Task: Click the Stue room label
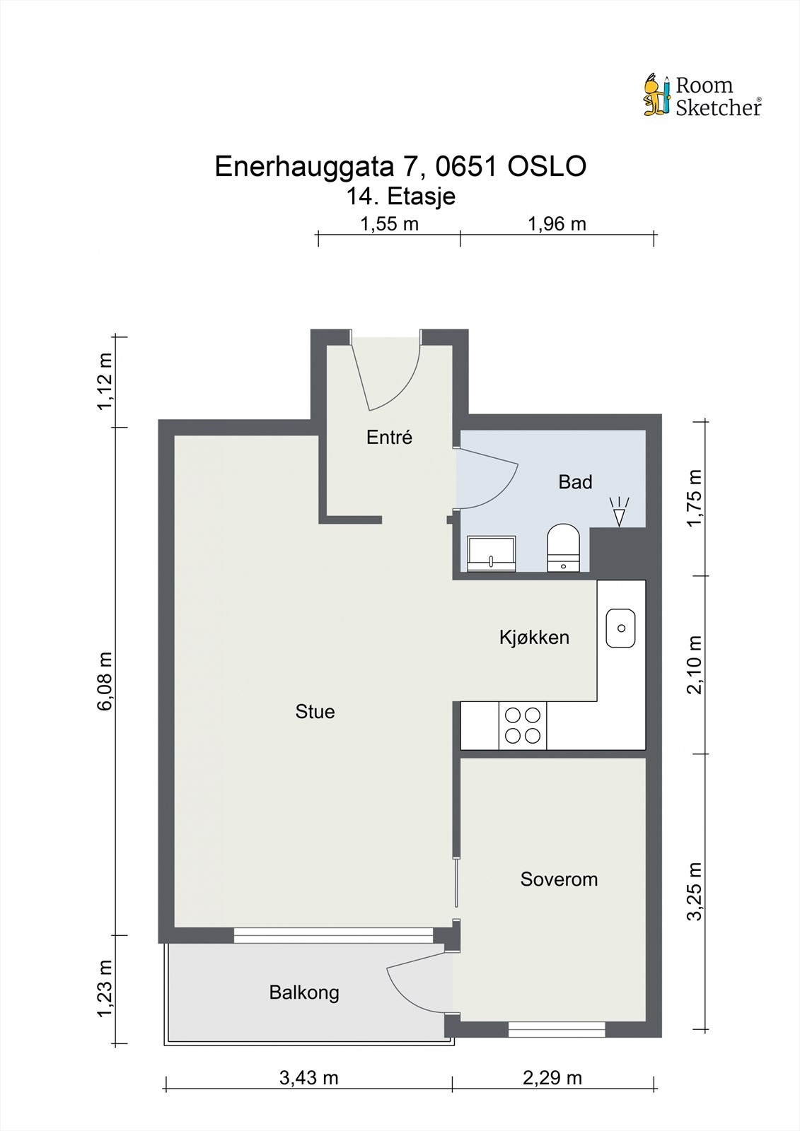315,711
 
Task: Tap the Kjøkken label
534,638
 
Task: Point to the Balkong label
303,992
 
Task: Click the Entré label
389,438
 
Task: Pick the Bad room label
575,481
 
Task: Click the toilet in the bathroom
564,548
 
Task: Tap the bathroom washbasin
491,554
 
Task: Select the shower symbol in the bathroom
620,512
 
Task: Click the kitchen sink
621,628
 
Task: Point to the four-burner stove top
523,726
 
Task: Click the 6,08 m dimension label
105,681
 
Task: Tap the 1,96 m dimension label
557,223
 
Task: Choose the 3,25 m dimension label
695,891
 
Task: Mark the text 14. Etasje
401,197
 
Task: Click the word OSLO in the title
547,166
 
